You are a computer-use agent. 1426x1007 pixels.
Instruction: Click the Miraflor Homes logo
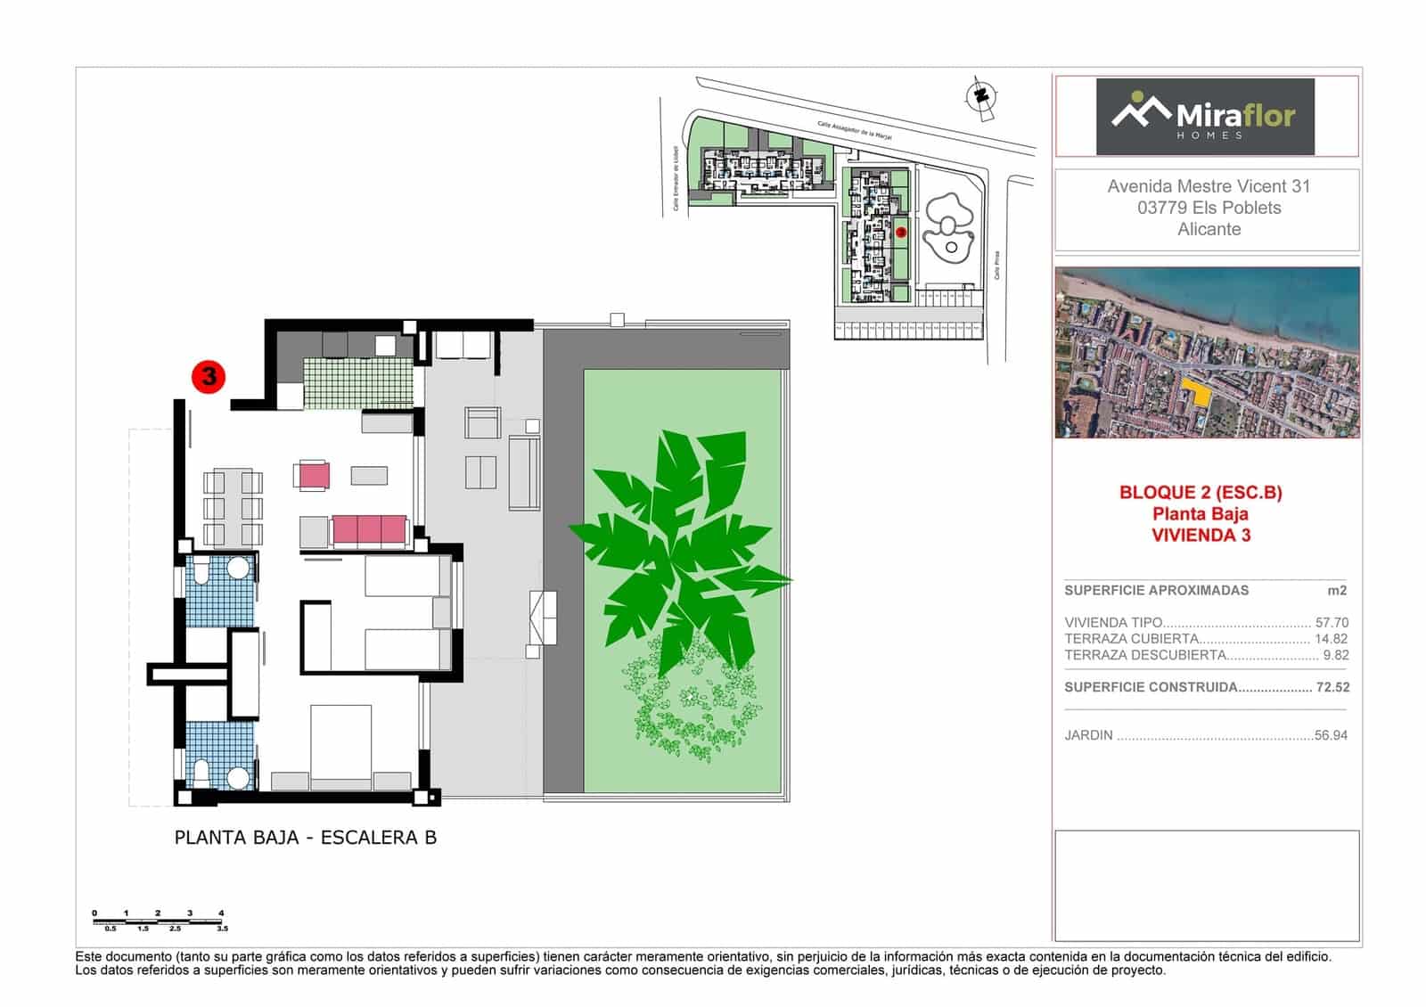[1204, 117]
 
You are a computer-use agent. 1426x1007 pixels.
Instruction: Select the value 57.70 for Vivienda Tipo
[1332, 623]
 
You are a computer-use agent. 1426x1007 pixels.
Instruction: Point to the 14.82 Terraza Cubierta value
[1332, 639]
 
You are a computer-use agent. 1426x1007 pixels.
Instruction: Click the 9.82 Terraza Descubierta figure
[1335, 655]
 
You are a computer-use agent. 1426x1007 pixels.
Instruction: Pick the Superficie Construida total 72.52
[1332, 687]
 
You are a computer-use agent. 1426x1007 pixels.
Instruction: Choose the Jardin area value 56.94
[1332, 735]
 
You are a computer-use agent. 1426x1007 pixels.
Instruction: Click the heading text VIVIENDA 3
[1201, 535]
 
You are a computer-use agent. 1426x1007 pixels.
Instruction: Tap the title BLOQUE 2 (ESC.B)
[1201, 492]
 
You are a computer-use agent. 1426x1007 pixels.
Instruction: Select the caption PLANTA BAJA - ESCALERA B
[306, 838]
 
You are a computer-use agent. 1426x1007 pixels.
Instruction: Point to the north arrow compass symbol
[981, 96]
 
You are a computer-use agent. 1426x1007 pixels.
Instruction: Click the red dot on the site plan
[900, 232]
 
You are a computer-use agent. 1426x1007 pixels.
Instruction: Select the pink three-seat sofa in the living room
[369, 530]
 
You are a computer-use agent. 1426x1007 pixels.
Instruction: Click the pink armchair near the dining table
[313, 475]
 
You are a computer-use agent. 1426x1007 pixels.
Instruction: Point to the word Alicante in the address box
[1209, 229]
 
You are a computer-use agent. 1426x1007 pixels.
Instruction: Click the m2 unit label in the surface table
[1337, 590]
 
